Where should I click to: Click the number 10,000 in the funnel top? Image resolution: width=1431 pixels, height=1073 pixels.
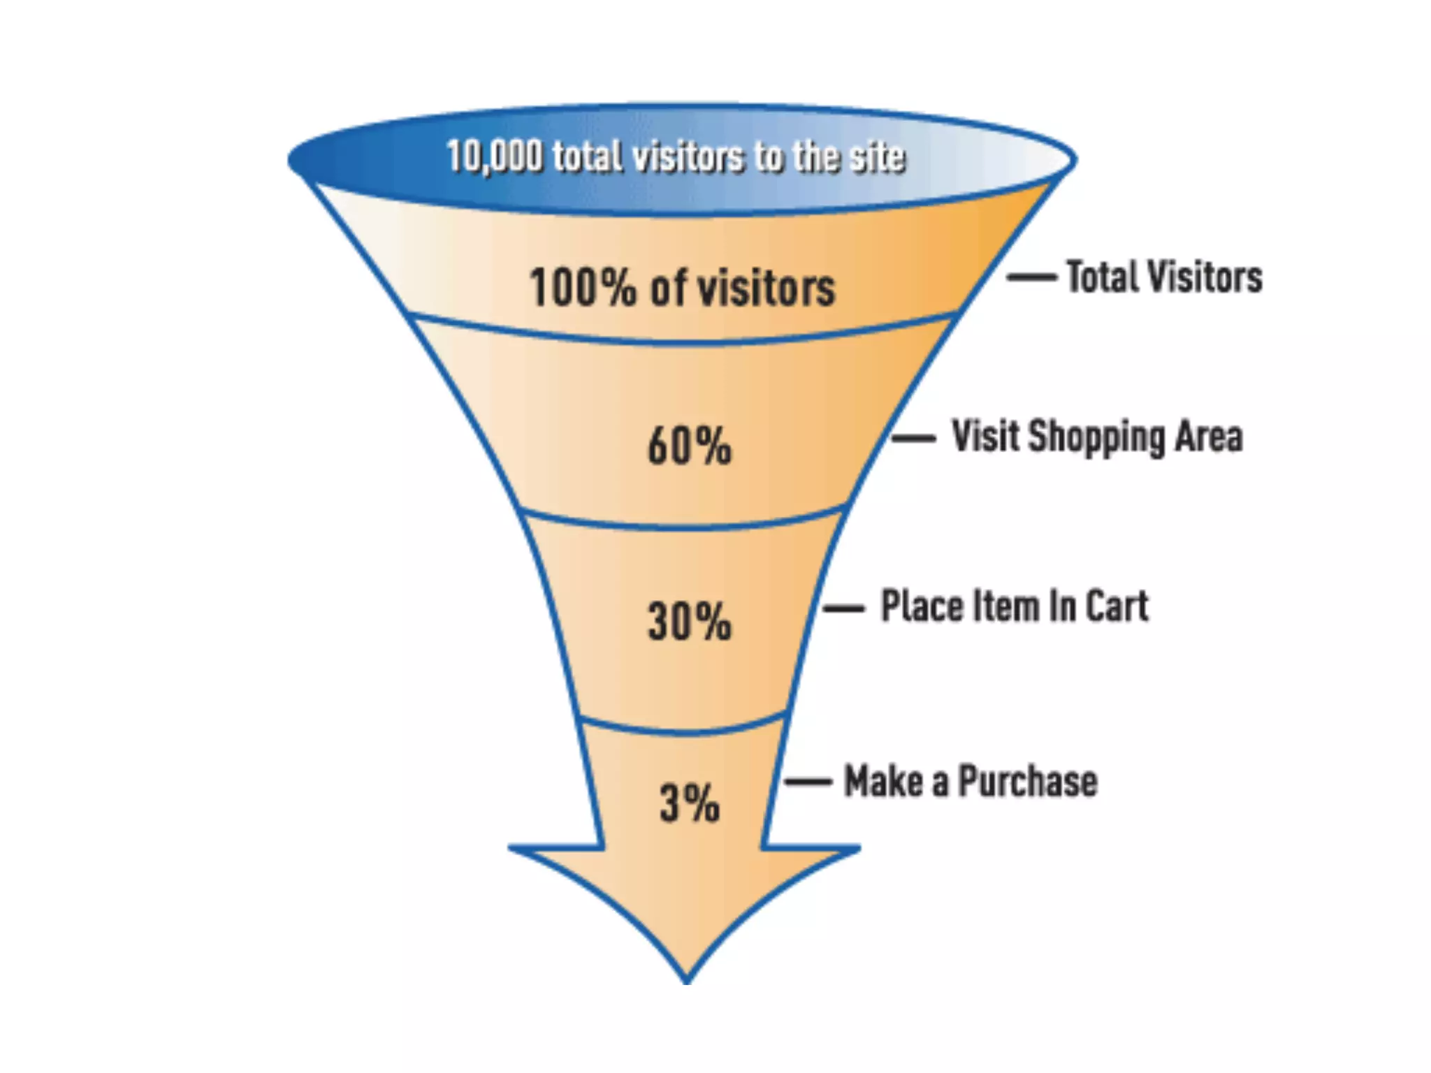(x=494, y=156)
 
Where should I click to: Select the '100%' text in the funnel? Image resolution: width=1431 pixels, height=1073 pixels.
(x=582, y=287)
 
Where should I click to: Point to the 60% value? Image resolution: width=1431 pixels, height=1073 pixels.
(x=689, y=446)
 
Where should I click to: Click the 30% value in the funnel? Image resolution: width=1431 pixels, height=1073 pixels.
(x=689, y=620)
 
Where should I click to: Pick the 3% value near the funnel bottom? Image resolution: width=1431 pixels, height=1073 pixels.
(x=689, y=803)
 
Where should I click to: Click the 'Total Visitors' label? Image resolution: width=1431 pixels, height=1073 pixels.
(x=1164, y=277)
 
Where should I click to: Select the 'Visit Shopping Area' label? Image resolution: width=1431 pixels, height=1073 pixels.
(x=1097, y=437)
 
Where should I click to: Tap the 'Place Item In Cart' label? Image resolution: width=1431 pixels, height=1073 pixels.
(x=1015, y=606)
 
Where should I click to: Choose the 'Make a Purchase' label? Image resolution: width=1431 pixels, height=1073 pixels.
(x=971, y=781)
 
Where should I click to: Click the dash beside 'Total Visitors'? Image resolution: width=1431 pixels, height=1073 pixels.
(x=1031, y=277)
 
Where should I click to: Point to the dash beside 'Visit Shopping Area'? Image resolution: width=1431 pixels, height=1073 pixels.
(x=913, y=439)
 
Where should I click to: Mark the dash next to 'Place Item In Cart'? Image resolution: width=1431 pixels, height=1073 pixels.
(x=844, y=608)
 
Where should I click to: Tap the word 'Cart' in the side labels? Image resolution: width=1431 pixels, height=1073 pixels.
(x=1117, y=606)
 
